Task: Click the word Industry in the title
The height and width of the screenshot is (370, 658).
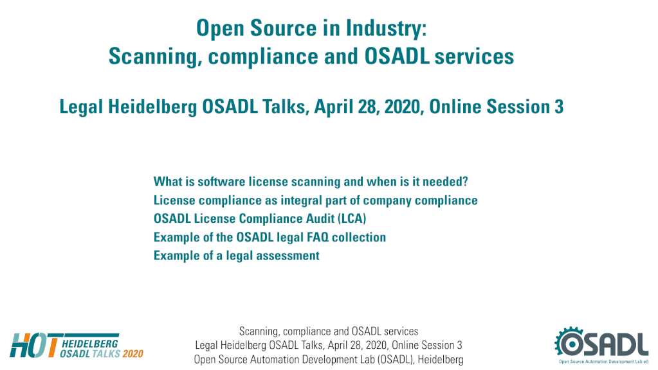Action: pyautogui.click(x=386, y=28)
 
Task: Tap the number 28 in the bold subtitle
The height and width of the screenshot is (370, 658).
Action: pyautogui.click(x=367, y=107)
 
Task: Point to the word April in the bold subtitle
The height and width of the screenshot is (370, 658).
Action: pyautogui.click(x=333, y=107)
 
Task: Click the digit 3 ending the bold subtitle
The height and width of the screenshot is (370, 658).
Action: pyautogui.click(x=559, y=107)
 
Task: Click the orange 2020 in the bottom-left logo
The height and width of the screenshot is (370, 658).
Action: pyautogui.click(x=133, y=354)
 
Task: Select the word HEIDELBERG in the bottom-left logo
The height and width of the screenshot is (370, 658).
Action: pyautogui.click(x=90, y=344)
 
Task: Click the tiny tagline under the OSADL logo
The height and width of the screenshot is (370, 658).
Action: pyautogui.click(x=603, y=361)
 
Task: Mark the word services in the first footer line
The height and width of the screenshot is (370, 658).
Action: pyautogui.click(x=401, y=331)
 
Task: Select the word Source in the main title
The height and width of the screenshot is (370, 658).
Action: pyautogui.click(x=283, y=28)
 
